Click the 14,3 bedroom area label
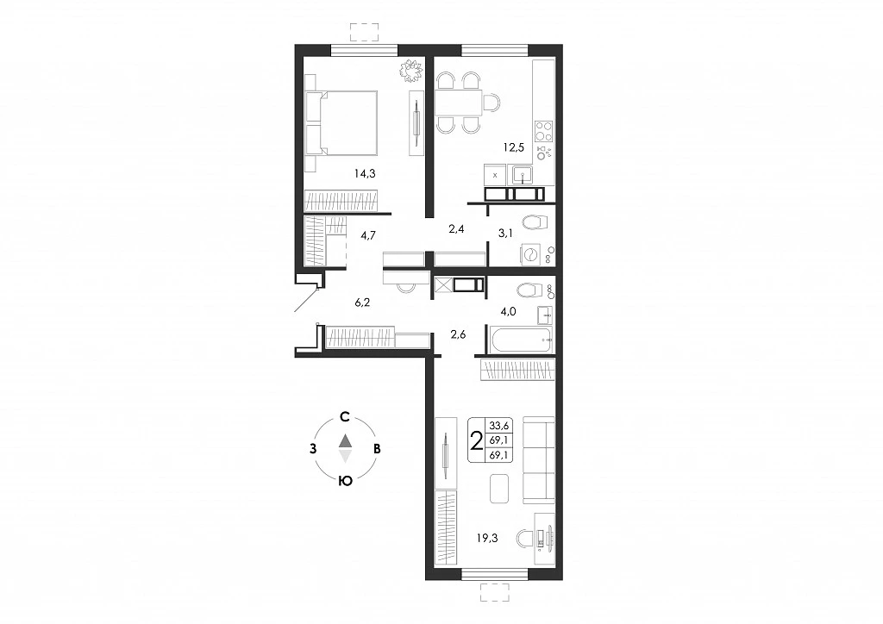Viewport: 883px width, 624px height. tap(365, 174)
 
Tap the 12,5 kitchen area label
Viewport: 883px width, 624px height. tap(514, 147)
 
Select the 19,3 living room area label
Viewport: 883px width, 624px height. tap(487, 538)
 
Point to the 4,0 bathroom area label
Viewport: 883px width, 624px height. tap(508, 311)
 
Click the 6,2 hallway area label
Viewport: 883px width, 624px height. tap(362, 303)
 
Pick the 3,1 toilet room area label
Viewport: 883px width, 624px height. tap(505, 234)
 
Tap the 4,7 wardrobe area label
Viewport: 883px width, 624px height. tap(368, 235)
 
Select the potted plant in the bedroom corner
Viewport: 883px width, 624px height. tap(410, 71)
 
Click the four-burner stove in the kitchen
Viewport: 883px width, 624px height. tap(543, 131)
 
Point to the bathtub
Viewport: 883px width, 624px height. tap(521, 340)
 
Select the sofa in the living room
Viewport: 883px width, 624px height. tap(538, 460)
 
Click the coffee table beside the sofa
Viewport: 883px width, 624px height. tap(499, 489)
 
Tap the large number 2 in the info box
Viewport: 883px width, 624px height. tap(476, 441)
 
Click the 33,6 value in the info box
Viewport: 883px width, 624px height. tap(498, 426)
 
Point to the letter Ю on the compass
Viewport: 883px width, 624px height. tap(345, 481)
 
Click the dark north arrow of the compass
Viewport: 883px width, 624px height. tap(345, 440)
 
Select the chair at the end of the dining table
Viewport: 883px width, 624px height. tap(492, 103)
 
